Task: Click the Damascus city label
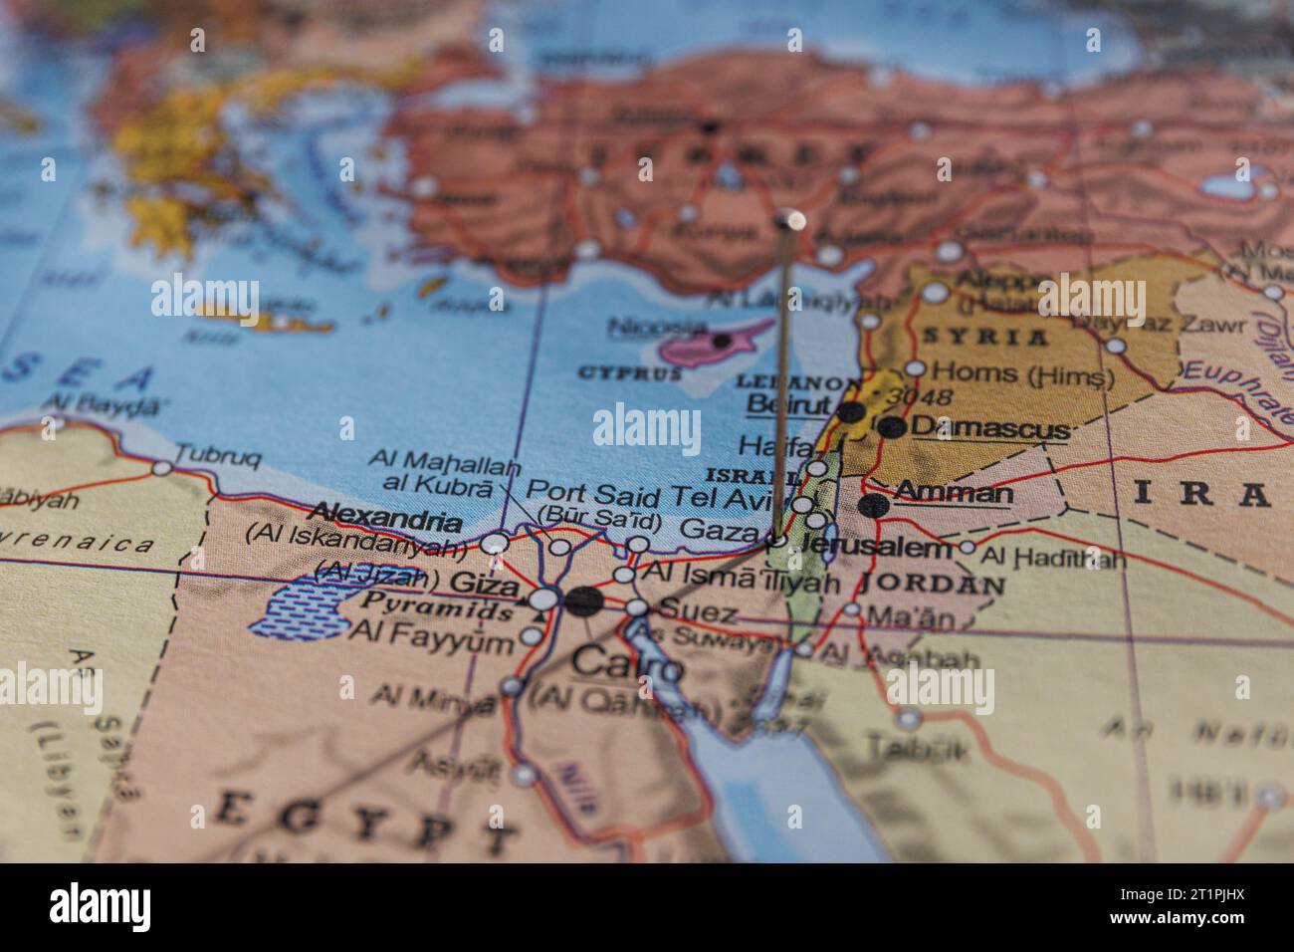[989, 428]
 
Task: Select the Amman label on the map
[954, 492]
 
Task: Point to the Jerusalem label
[875, 548]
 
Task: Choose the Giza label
[485, 585]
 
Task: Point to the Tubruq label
[218, 459]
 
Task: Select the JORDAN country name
[932, 584]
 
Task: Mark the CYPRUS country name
[629, 374]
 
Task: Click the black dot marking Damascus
[893, 427]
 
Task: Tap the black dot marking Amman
[873, 505]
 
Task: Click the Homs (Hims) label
[1022, 374]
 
